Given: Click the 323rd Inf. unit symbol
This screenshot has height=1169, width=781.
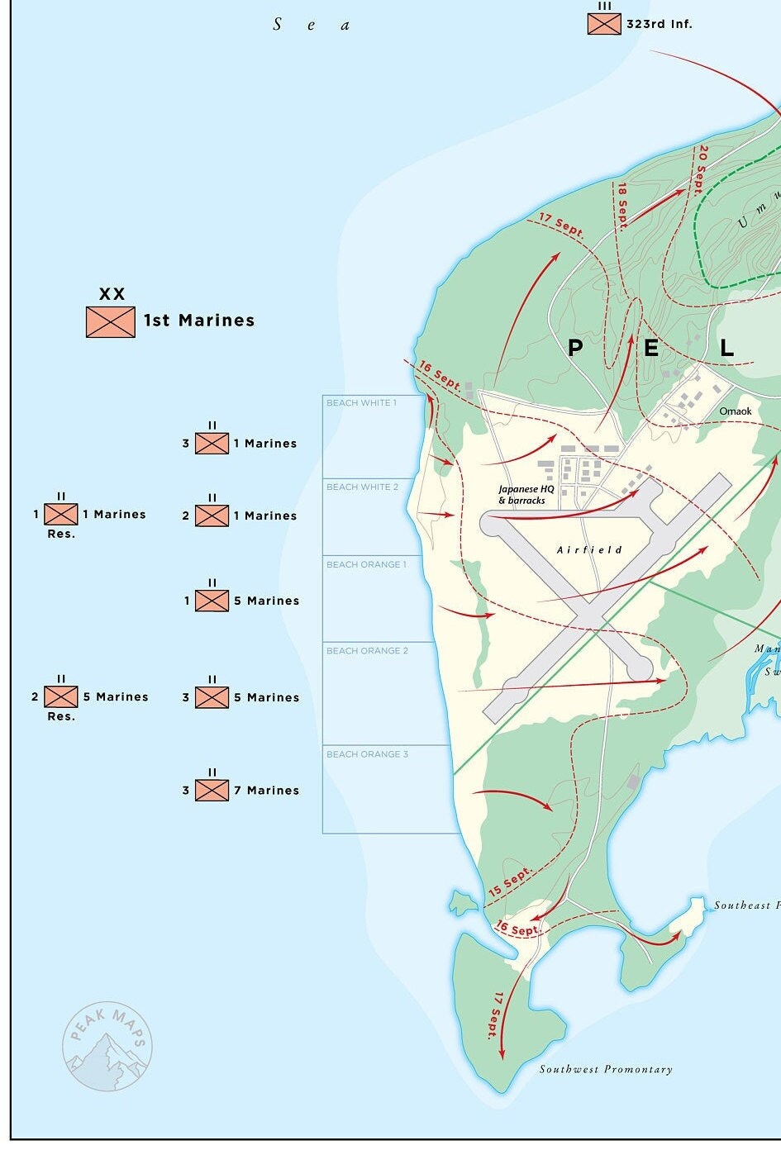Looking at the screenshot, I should click(x=604, y=24).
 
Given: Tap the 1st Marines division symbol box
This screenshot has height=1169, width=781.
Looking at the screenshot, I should click(x=111, y=321).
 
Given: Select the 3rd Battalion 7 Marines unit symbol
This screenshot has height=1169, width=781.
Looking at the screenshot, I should click(x=212, y=791).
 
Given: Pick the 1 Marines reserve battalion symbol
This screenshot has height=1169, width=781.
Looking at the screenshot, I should click(x=61, y=514).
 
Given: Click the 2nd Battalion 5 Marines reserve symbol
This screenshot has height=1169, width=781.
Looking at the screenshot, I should click(x=61, y=697).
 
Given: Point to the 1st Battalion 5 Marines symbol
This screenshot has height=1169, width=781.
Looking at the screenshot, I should click(x=212, y=601).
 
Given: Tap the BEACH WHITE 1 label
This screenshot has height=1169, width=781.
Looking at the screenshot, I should click(x=361, y=403).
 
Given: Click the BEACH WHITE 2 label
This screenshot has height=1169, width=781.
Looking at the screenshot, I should click(x=362, y=487).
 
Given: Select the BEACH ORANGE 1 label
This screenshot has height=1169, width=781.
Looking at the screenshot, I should click(x=366, y=565).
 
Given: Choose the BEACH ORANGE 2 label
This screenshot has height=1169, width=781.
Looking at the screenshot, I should click(x=367, y=651).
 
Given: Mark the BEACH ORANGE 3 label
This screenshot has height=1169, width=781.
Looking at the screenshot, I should click(x=367, y=754).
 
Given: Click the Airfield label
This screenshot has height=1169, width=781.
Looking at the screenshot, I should click(x=589, y=550).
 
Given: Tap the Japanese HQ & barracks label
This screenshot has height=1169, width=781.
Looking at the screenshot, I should click(x=525, y=495).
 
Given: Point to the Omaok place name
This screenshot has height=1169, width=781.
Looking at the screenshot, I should click(x=736, y=411).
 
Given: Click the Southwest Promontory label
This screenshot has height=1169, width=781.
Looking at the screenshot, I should click(x=606, y=1070).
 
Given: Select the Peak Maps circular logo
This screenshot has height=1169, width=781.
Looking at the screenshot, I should click(x=107, y=1047).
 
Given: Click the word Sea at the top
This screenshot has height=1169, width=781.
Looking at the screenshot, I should click(x=311, y=25).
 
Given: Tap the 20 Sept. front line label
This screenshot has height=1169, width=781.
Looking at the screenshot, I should click(x=701, y=169).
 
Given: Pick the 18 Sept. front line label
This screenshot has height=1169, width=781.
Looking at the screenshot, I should click(x=622, y=204).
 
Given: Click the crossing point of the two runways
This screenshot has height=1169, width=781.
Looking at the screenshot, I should click(x=588, y=615).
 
